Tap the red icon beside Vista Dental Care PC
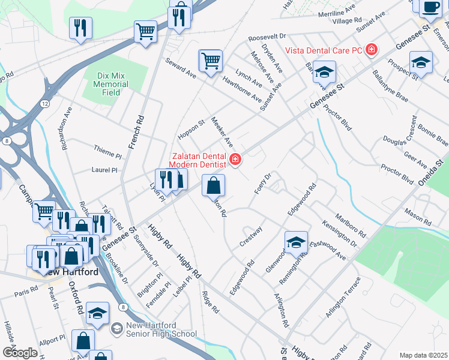click(x=372, y=49)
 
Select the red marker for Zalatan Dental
click(x=235, y=159)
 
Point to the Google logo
click(x=19, y=353)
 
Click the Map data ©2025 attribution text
click(x=423, y=355)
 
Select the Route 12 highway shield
click(x=44, y=104)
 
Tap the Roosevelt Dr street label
click(x=268, y=37)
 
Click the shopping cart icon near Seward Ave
click(x=210, y=61)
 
